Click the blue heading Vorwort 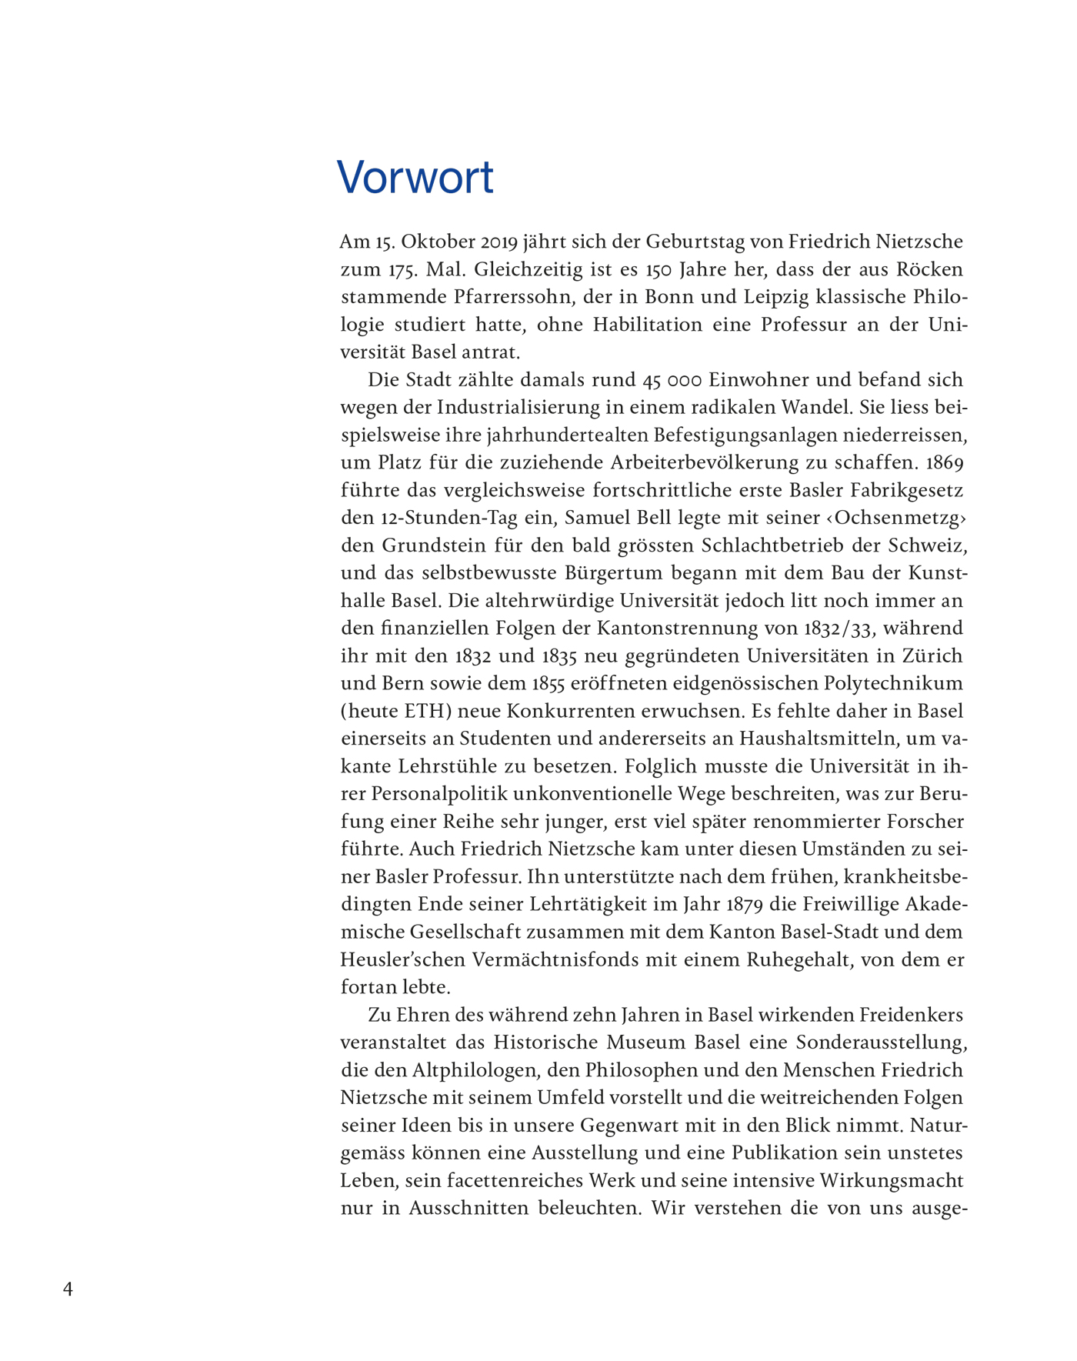point(415,177)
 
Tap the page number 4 point(68,1289)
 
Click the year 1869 point(945,463)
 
